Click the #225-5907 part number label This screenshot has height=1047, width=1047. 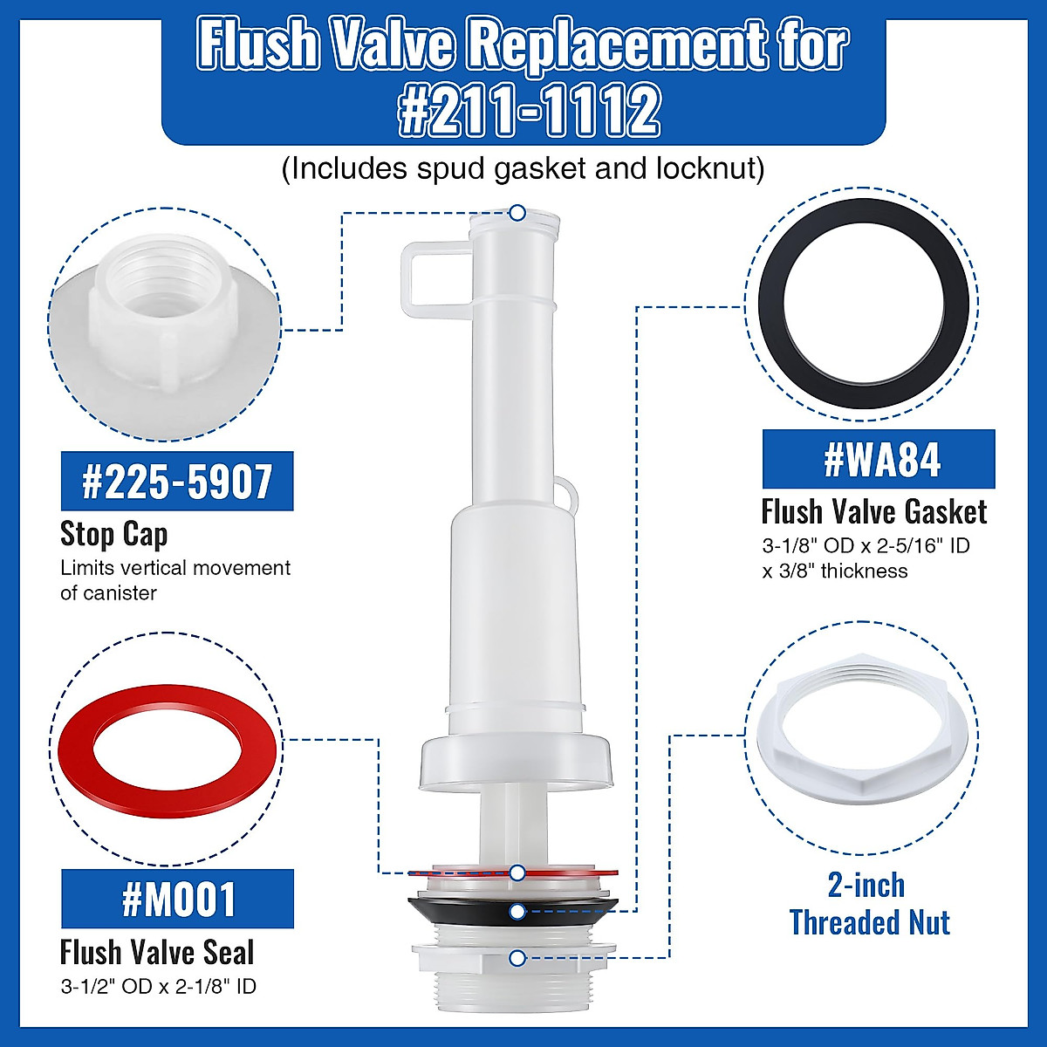pos(177,481)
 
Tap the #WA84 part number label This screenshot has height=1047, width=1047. pos(879,459)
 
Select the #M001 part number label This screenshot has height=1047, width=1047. pos(177,899)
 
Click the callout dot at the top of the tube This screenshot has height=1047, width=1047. pos(517,212)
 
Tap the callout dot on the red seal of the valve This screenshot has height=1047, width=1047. pos(517,872)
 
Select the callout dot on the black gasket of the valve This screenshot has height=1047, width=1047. pos(517,913)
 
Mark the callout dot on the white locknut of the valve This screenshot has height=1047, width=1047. pos(517,958)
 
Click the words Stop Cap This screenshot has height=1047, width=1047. pos(113,533)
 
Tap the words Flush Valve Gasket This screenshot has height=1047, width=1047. pos(874,511)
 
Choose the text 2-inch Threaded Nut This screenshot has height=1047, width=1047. pos(869,904)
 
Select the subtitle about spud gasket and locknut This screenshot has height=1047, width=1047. pos(523,168)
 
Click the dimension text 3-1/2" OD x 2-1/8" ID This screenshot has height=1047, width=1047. pos(158,987)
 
